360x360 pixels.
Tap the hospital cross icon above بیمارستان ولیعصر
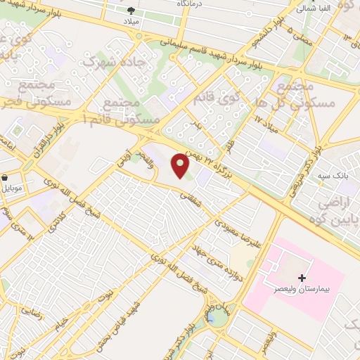[302, 278]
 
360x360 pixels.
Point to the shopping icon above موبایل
[6, 178]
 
